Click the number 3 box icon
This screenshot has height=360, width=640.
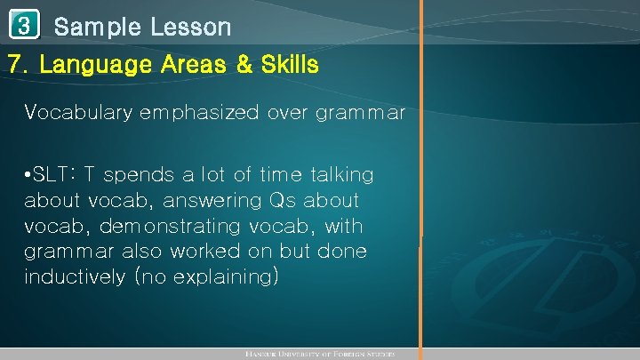coord(25,27)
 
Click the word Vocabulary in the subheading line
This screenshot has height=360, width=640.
coord(78,112)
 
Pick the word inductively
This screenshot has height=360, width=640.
coord(74,276)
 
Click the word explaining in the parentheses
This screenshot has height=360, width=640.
coord(228,276)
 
